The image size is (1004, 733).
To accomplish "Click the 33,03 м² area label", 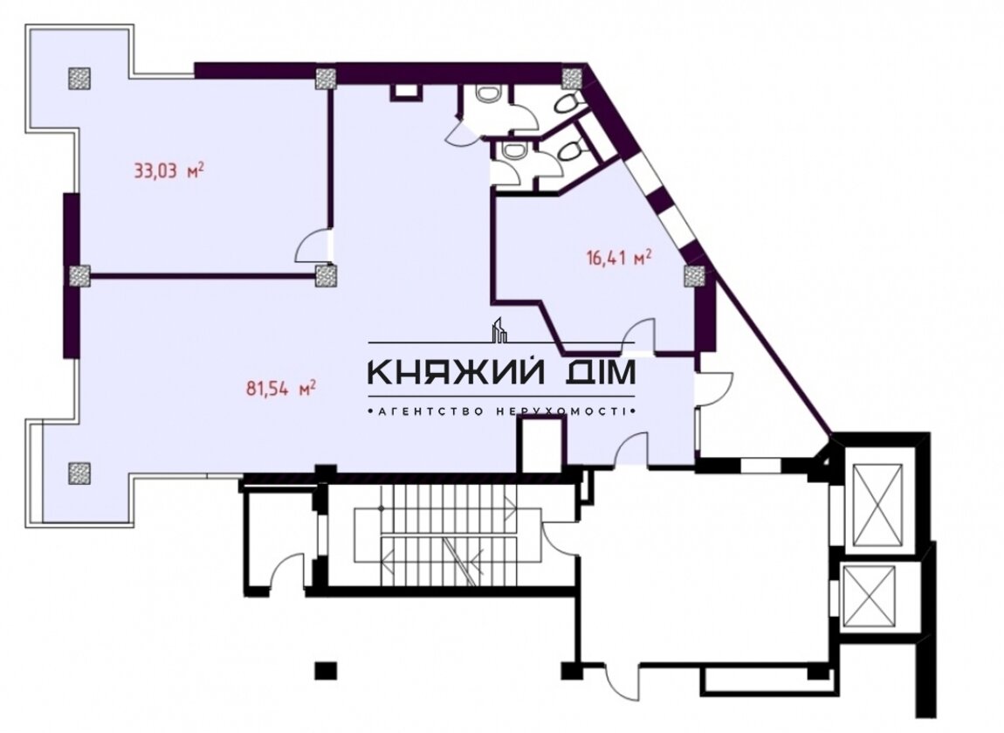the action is (169, 171).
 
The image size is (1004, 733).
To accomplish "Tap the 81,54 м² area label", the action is (281, 388).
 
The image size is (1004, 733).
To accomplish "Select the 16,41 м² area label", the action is (619, 259).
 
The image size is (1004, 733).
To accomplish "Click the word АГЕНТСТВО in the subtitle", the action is (432, 411).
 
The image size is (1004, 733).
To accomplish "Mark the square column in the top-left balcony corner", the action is (79, 78).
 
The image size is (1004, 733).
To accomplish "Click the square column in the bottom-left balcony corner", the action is (78, 473).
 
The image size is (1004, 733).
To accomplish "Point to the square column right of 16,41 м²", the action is (694, 276).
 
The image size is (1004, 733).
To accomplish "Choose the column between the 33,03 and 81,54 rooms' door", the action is (326, 276).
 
